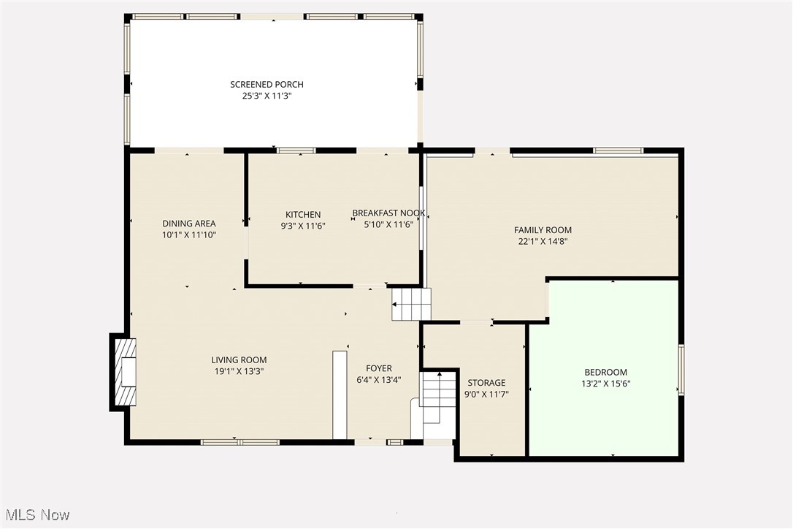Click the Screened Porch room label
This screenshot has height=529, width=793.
(x=267, y=85)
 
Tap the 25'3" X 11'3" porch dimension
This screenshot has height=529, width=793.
(x=267, y=96)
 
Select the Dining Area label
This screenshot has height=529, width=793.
(x=188, y=224)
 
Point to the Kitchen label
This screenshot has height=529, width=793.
(x=303, y=214)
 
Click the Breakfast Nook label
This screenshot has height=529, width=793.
(x=388, y=213)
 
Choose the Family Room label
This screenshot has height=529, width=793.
(x=543, y=230)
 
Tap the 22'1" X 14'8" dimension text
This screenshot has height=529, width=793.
(x=543, y=241)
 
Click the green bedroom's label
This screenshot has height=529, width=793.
(x=605, y=372)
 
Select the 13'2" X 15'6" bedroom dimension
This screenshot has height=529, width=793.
(x=605, y=383)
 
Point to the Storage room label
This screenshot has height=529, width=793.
(x=486, y=383)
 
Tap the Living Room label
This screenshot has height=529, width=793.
(x=239, y=359)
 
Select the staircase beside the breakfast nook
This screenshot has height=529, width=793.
(x=411, y=304)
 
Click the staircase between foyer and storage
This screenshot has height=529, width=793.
(x=438, y=398)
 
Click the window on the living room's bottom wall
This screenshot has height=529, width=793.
(x=240, y=441)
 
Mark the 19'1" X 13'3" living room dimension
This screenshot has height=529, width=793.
(x=239, y=371)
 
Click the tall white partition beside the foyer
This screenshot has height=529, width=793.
(x=340, y=395)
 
